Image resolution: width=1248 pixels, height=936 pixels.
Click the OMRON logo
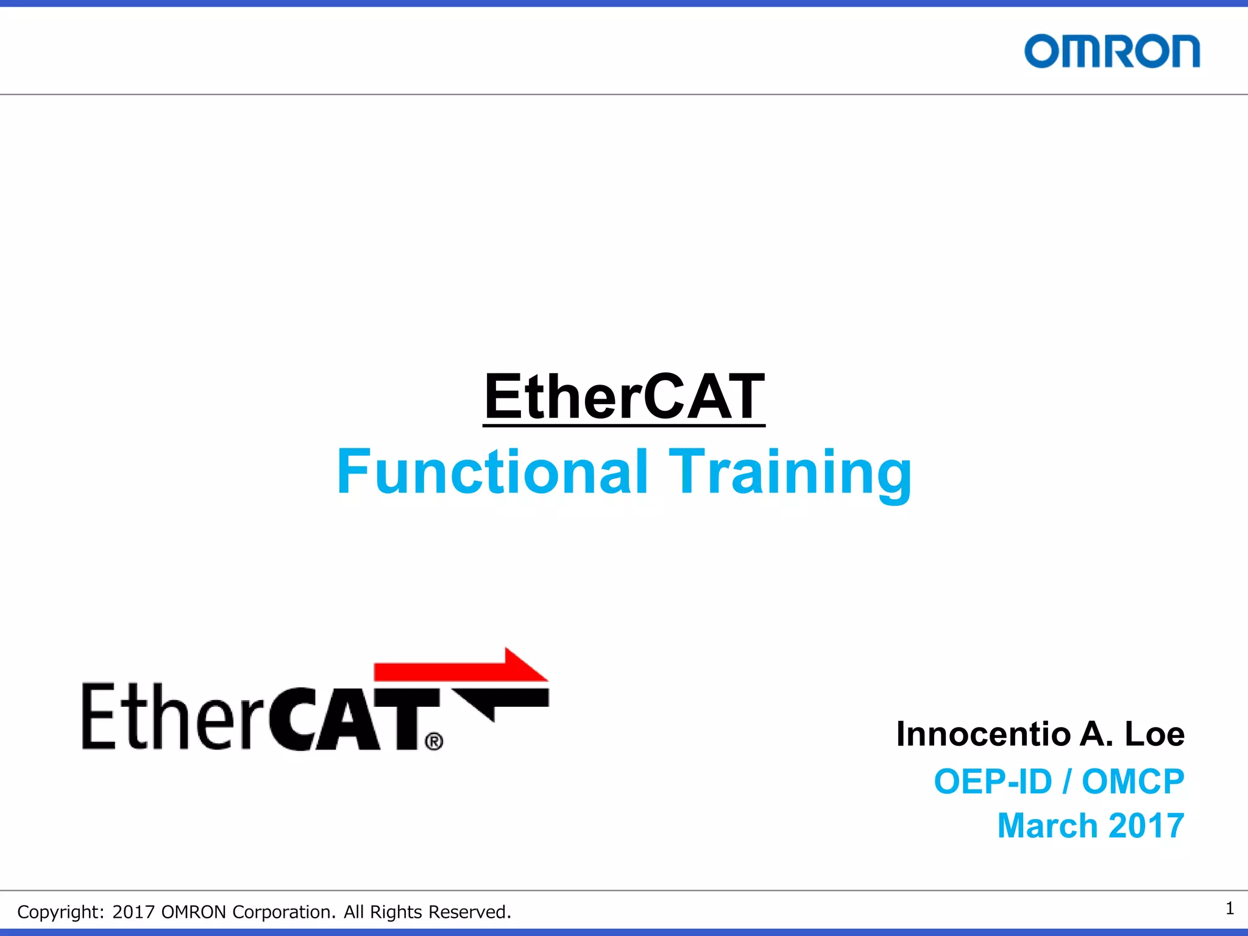coord(1111,51)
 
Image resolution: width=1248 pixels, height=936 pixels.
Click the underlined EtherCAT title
coord(624,397)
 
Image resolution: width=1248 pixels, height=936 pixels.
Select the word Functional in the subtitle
coord(492,472)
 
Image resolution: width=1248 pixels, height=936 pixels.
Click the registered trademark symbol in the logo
coord(434,742)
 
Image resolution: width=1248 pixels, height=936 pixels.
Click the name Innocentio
coord(983,734)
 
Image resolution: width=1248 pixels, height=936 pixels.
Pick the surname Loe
coord(1154,734)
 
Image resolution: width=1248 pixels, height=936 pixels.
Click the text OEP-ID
coord(993,781)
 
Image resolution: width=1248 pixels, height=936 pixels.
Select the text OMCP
coord(1133,781)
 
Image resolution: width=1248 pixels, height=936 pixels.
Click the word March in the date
coord(1048,826)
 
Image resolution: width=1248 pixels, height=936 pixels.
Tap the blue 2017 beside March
coord(1146,826)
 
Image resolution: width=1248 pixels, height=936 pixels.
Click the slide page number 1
coord(1230,909)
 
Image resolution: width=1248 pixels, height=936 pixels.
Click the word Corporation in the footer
coord(283,912)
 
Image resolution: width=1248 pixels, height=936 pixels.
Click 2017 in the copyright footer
coord(133,912)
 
